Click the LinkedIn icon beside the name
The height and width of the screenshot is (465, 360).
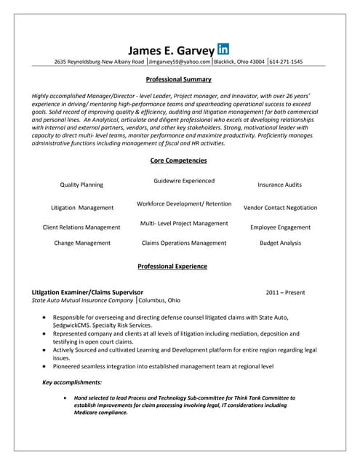click(223, 49)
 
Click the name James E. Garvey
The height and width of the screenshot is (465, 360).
click(172, 50)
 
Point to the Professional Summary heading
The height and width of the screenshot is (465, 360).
click(179, 79)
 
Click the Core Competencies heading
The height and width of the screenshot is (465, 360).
click(179, 161)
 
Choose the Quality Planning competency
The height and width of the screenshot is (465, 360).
click(81, 185)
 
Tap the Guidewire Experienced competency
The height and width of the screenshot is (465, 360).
click(184, 180)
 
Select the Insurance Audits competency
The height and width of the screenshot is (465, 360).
click(280, 185)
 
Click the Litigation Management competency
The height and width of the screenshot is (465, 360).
click(82, 207)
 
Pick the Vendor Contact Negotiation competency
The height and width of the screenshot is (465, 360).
click(280, 207)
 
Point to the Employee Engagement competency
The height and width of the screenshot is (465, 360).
click(280, 227)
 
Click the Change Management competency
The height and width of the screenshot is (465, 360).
click(82, 243)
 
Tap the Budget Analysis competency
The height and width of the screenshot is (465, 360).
click(280, 243)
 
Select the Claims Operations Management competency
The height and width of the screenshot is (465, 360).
click(184, 243)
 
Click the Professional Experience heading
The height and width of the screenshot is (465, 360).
click(172, 267)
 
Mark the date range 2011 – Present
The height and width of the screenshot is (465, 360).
click(285, 292)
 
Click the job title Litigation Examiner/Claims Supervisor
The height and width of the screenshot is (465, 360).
click(93, 292)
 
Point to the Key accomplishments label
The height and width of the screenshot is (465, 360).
click(72, 382)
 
